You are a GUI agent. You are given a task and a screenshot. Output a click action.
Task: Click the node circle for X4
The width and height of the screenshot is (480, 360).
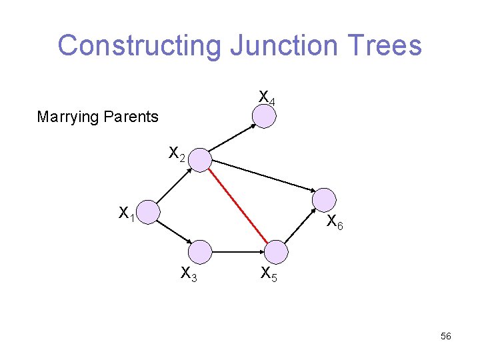264,116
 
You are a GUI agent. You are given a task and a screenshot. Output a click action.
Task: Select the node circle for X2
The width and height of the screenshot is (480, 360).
200,159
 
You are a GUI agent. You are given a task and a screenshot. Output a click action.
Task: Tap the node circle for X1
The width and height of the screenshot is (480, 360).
148,212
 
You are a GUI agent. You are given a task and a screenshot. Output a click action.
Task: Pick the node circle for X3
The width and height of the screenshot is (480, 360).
200,251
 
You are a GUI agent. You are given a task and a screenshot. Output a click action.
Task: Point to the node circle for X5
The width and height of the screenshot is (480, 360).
276,251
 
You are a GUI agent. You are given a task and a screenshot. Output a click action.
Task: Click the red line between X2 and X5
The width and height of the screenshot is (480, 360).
238,205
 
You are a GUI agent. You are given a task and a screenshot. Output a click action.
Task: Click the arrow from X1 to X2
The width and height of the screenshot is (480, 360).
174,185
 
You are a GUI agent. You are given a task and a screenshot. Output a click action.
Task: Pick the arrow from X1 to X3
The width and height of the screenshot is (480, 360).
174,232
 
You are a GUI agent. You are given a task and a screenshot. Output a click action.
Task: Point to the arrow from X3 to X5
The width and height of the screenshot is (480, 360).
238,252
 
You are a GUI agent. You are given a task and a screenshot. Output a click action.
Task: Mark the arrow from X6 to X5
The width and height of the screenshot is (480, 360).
300,226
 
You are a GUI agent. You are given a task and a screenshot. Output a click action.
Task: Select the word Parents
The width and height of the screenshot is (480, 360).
130,117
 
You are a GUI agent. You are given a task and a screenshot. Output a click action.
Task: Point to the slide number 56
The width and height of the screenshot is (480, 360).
446,337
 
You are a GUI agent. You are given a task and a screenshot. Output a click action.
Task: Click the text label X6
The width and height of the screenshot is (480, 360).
335,224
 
